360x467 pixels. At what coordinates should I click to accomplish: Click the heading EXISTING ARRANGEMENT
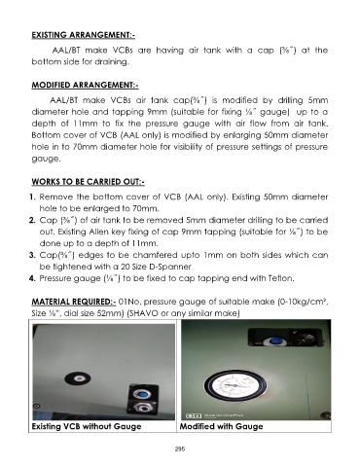[x=83, y=35]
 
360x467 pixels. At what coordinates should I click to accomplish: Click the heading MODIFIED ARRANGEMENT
[x=85, y=85]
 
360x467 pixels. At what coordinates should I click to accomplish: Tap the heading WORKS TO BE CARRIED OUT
[x=88, y=182]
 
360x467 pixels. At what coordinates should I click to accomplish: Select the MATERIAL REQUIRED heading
[x=74, y=302]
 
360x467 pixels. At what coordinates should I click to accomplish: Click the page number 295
[x=180, y=449]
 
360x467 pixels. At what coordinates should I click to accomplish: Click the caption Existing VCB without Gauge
[x=87, y=426]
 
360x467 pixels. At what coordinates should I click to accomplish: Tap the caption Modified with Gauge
[x=221, y=426]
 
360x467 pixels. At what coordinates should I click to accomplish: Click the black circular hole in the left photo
[x=78, y=378]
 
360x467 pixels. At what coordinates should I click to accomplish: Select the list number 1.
[x=32, y=197]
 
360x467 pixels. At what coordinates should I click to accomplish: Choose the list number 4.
[x=32, y=278]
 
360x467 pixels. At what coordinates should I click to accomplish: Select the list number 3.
[x=32, y=255]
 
